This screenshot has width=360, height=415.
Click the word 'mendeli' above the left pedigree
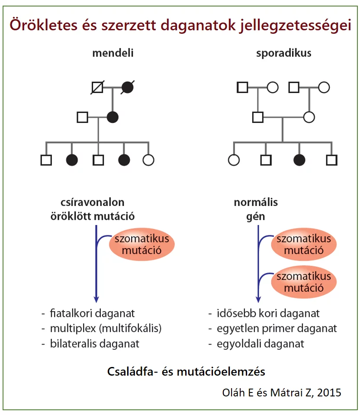(x=113, y=54)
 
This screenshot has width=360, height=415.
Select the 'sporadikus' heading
(x=283, y=54)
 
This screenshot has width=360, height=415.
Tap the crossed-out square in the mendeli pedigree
(x=97, y=87)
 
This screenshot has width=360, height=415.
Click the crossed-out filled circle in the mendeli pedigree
(x=128, y=87)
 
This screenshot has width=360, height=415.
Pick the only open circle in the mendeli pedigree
(x=148, y=160)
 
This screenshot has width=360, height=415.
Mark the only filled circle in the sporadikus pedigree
(x=299, y=160)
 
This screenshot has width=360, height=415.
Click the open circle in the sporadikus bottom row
(x=234, y=160)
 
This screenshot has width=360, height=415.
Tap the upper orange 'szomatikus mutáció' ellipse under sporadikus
(x=304, y=244)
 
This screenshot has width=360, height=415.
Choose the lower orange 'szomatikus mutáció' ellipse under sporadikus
(x=304, y=282)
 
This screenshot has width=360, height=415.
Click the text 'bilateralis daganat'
(x=95, y=344)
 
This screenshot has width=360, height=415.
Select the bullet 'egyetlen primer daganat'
(x=276, y=328)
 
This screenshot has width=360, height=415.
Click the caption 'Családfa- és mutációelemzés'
(x=186, y=371)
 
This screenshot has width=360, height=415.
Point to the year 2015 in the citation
(x=331, y=392)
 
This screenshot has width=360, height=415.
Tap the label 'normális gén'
(x=256, y=208)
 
